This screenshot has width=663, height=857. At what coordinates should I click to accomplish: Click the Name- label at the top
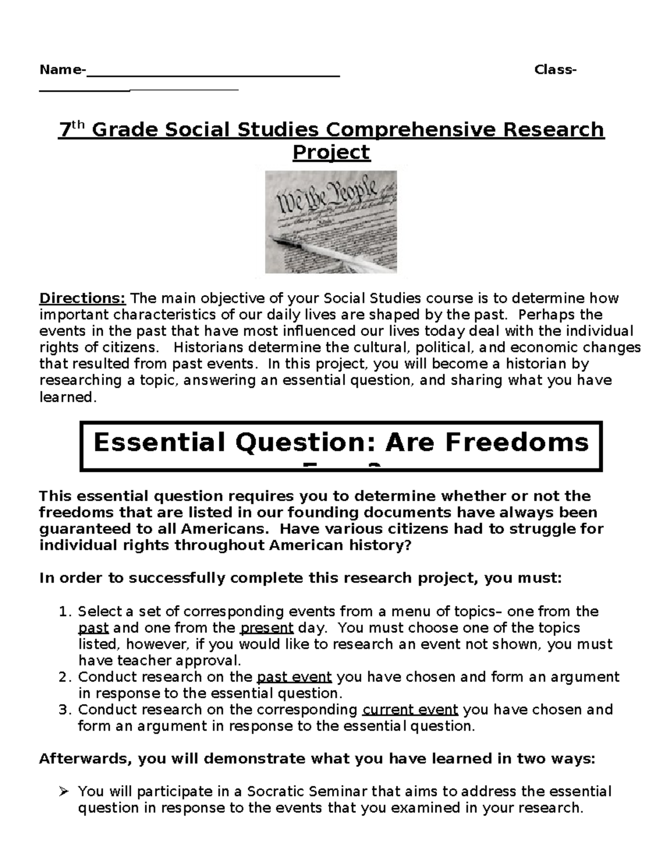pos(62,70)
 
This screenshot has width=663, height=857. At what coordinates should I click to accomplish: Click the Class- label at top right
pos(555,70)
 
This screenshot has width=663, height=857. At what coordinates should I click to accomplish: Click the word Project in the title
pos(331,152)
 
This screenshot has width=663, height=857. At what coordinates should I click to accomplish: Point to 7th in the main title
pos(72,130)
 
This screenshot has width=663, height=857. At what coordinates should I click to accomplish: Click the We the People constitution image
pos(330,222)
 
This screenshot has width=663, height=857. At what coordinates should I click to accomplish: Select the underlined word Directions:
pos(82,299)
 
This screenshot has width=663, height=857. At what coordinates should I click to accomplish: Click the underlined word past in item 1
pos(93,628)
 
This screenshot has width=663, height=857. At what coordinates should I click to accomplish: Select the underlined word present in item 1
pos(267,628)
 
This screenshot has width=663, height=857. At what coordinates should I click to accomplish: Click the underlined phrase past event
pos(294,677)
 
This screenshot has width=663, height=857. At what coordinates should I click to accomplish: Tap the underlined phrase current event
pos(410,710)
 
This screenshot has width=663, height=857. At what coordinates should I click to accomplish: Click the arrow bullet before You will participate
pos(64,792)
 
